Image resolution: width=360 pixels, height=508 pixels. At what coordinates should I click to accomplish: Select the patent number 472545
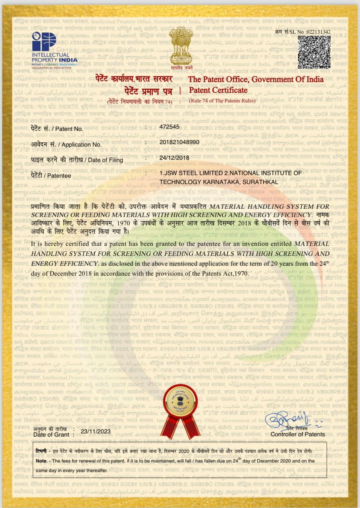tap(169, 127)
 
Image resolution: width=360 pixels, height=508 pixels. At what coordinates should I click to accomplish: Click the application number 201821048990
tap(179, 142)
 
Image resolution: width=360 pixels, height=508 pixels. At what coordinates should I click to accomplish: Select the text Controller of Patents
tap(297, 434)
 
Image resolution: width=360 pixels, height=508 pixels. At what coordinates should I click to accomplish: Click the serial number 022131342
tap(316, 32)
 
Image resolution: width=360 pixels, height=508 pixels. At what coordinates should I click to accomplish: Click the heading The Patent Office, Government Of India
tap(256, 79)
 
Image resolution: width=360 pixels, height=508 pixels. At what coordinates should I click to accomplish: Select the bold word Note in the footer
tap(41, 461)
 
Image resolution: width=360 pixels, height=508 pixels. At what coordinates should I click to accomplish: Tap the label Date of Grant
tap(51, 435)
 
